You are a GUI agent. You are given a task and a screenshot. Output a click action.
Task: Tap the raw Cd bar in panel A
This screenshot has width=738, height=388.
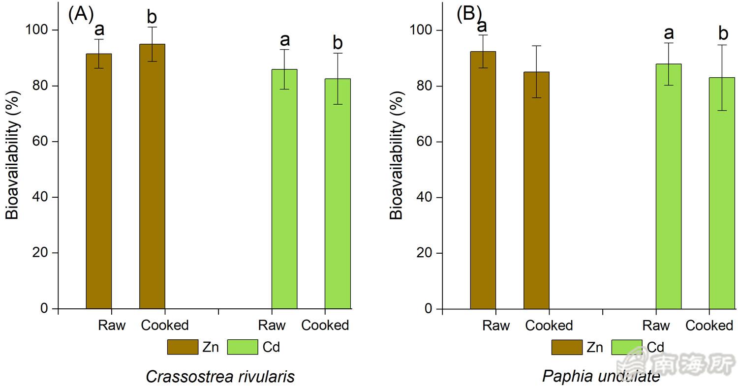pyautogui.click(x=284, y=189)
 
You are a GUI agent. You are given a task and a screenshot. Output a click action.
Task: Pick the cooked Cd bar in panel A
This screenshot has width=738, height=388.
pyautogui.click(x=338, y=194)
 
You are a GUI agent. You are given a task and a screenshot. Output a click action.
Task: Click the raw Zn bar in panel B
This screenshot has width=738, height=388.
pyautogui.click(x=483, y=180)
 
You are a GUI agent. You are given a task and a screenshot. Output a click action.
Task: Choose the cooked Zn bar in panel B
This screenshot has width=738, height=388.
pyautogui.click(x=536, y=190)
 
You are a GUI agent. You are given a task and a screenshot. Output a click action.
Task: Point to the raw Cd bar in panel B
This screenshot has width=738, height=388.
pyautogui.click(x=669, y=186)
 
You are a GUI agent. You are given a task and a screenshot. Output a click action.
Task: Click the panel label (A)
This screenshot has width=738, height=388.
pyautogui.click(x=80, y=14)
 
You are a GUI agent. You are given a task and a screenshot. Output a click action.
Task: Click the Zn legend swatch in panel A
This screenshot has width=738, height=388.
pyautogui.click(x=183, y=347)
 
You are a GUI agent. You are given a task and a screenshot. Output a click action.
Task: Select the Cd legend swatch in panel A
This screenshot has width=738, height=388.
pyautogui.click(x=243, y=347)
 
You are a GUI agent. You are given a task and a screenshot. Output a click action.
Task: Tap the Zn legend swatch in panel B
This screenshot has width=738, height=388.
pyautogui.click(x=567, y=347)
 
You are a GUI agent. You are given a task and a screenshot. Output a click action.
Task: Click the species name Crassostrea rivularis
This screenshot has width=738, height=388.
pyautogui.click(x=220, y=377)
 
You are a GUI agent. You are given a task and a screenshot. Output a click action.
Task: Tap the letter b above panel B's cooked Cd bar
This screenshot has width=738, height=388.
pyautogui.click(x=723, y=33)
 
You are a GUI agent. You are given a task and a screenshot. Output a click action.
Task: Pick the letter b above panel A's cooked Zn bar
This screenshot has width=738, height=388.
pyautogui.click(x=152, y=17)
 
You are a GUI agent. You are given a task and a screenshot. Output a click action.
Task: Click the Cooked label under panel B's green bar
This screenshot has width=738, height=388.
pyautogui.click(x=709, y=326)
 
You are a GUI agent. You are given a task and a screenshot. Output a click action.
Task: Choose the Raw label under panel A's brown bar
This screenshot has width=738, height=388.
pyautogui.click(x=112, y=326)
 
